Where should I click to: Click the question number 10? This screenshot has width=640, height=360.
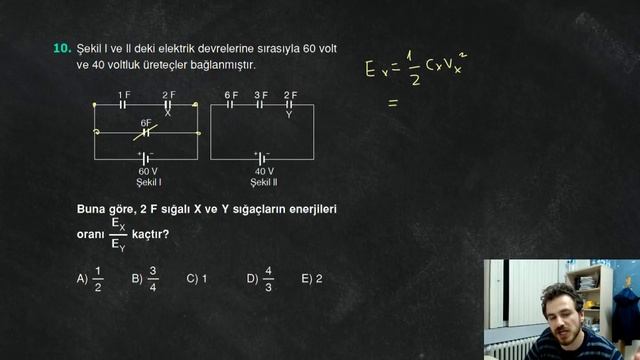(x=61, y=47)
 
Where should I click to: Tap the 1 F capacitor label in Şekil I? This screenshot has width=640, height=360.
(x=124, y=94)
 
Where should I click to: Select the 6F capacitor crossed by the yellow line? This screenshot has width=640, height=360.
(x=146, y=130)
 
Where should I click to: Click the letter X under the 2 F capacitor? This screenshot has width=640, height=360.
(x=167, y=113)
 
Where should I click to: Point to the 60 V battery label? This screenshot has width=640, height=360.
(x=148, y=171)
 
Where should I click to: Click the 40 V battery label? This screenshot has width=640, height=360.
(x=264, y=171)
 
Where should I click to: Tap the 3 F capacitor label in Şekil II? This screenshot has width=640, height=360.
(x=260, y=94)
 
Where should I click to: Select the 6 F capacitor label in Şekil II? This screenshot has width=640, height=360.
(x=231, y=94)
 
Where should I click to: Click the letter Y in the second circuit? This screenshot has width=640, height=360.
(x=289, y=113)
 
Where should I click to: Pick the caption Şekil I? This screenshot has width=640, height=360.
(x=149, y=182)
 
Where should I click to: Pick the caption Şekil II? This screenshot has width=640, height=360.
(x=264, y=182)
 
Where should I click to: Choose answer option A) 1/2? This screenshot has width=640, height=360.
(x=90, y=279)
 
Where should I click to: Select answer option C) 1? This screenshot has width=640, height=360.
(x=196, y=279)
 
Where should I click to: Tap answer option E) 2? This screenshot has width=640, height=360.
(x=311, y=279)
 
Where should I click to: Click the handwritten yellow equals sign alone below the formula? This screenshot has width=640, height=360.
(x=393, y=102)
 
